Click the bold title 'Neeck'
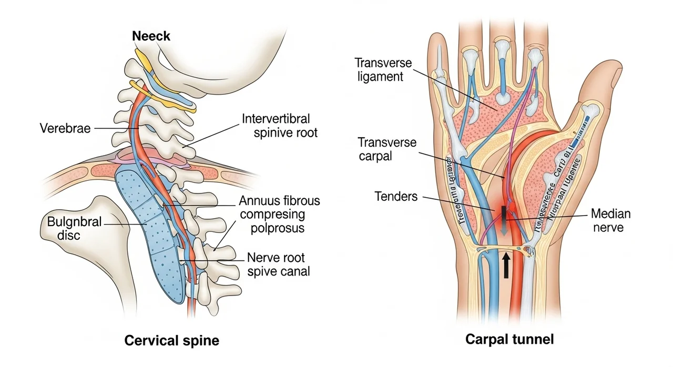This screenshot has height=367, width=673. (151, 36)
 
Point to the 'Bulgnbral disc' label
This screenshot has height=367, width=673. (71, 227)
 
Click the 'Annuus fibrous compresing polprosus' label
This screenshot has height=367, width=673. (279, 215)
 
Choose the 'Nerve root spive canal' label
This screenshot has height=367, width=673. (278, 264)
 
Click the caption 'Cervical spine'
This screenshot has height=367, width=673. (171, 340)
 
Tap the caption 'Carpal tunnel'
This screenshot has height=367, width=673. (509, 339)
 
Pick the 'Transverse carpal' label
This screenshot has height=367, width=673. (387, 149)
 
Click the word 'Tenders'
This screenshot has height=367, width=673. (396, 197)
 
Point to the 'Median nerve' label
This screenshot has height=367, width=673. (610, 221)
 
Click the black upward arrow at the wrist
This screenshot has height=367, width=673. (506, 265)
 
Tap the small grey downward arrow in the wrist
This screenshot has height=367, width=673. (504, 231)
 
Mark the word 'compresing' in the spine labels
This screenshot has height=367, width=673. (272, 215)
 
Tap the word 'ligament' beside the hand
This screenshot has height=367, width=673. (379, 76)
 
